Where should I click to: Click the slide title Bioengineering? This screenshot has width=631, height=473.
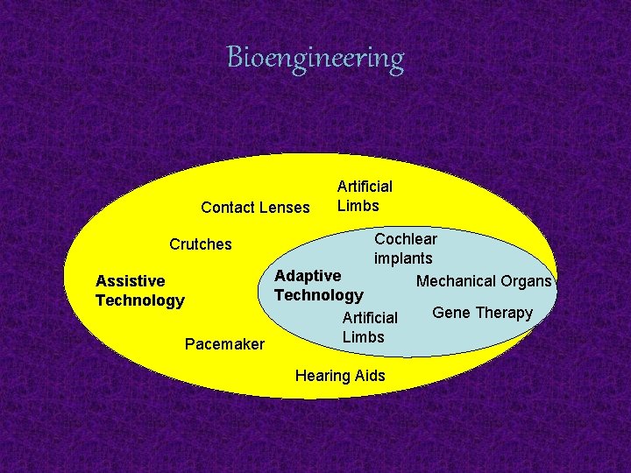[x=315, y=58]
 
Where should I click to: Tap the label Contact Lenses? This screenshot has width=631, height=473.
[x=255, y=208]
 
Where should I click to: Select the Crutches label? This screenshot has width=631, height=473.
[x=201, y=244]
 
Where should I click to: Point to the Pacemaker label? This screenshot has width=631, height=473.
[x=224, y=344]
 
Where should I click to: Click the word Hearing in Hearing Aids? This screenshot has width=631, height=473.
[x=323, y=376]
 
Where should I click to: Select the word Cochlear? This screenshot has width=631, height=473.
[x=406, y=239]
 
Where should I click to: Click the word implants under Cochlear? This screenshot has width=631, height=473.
[x=403, y=258]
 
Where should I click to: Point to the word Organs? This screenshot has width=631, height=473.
[x=527, y=281]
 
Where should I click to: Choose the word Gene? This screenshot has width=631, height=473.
[x=450, y=313]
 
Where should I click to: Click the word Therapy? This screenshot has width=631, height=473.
[x=503, y=314]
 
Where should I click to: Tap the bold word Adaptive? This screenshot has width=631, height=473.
[x=308, y=276]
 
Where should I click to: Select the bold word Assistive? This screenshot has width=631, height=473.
[x=130, y=281]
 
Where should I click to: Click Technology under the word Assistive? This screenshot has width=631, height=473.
[x=140, y=300]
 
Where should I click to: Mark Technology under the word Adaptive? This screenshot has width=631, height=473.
[x=318, y=295]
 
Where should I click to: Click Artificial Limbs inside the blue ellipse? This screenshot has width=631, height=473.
[x=369, y=328]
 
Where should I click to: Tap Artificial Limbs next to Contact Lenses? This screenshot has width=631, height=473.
[x=365, y=196]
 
